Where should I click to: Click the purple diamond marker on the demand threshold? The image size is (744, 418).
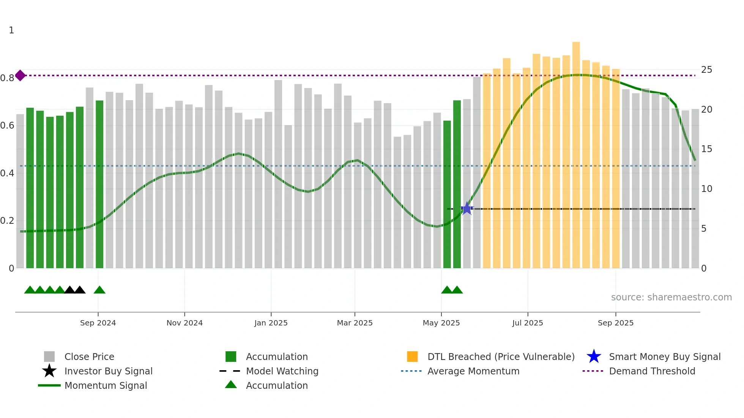20,75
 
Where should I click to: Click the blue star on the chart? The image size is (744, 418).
467,209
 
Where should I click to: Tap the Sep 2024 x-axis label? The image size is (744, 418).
98,323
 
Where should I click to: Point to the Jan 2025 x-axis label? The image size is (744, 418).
271,323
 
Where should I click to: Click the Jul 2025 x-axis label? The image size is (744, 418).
528,323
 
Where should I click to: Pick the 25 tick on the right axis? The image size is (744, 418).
706,70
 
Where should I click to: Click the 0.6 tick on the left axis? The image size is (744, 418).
8,126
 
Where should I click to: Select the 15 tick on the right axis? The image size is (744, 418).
706,149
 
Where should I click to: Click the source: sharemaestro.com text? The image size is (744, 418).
671,297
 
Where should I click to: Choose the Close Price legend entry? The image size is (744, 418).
89,357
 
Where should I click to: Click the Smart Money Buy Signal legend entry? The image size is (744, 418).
664,357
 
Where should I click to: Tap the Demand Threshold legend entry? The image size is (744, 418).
652,371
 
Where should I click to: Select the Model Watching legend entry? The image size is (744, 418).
282,371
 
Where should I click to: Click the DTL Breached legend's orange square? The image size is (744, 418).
412,357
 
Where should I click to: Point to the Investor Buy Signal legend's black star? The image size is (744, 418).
49,371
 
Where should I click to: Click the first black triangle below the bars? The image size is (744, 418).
69,290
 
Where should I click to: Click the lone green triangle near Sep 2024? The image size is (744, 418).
99,290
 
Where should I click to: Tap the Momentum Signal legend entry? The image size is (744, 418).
106,385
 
